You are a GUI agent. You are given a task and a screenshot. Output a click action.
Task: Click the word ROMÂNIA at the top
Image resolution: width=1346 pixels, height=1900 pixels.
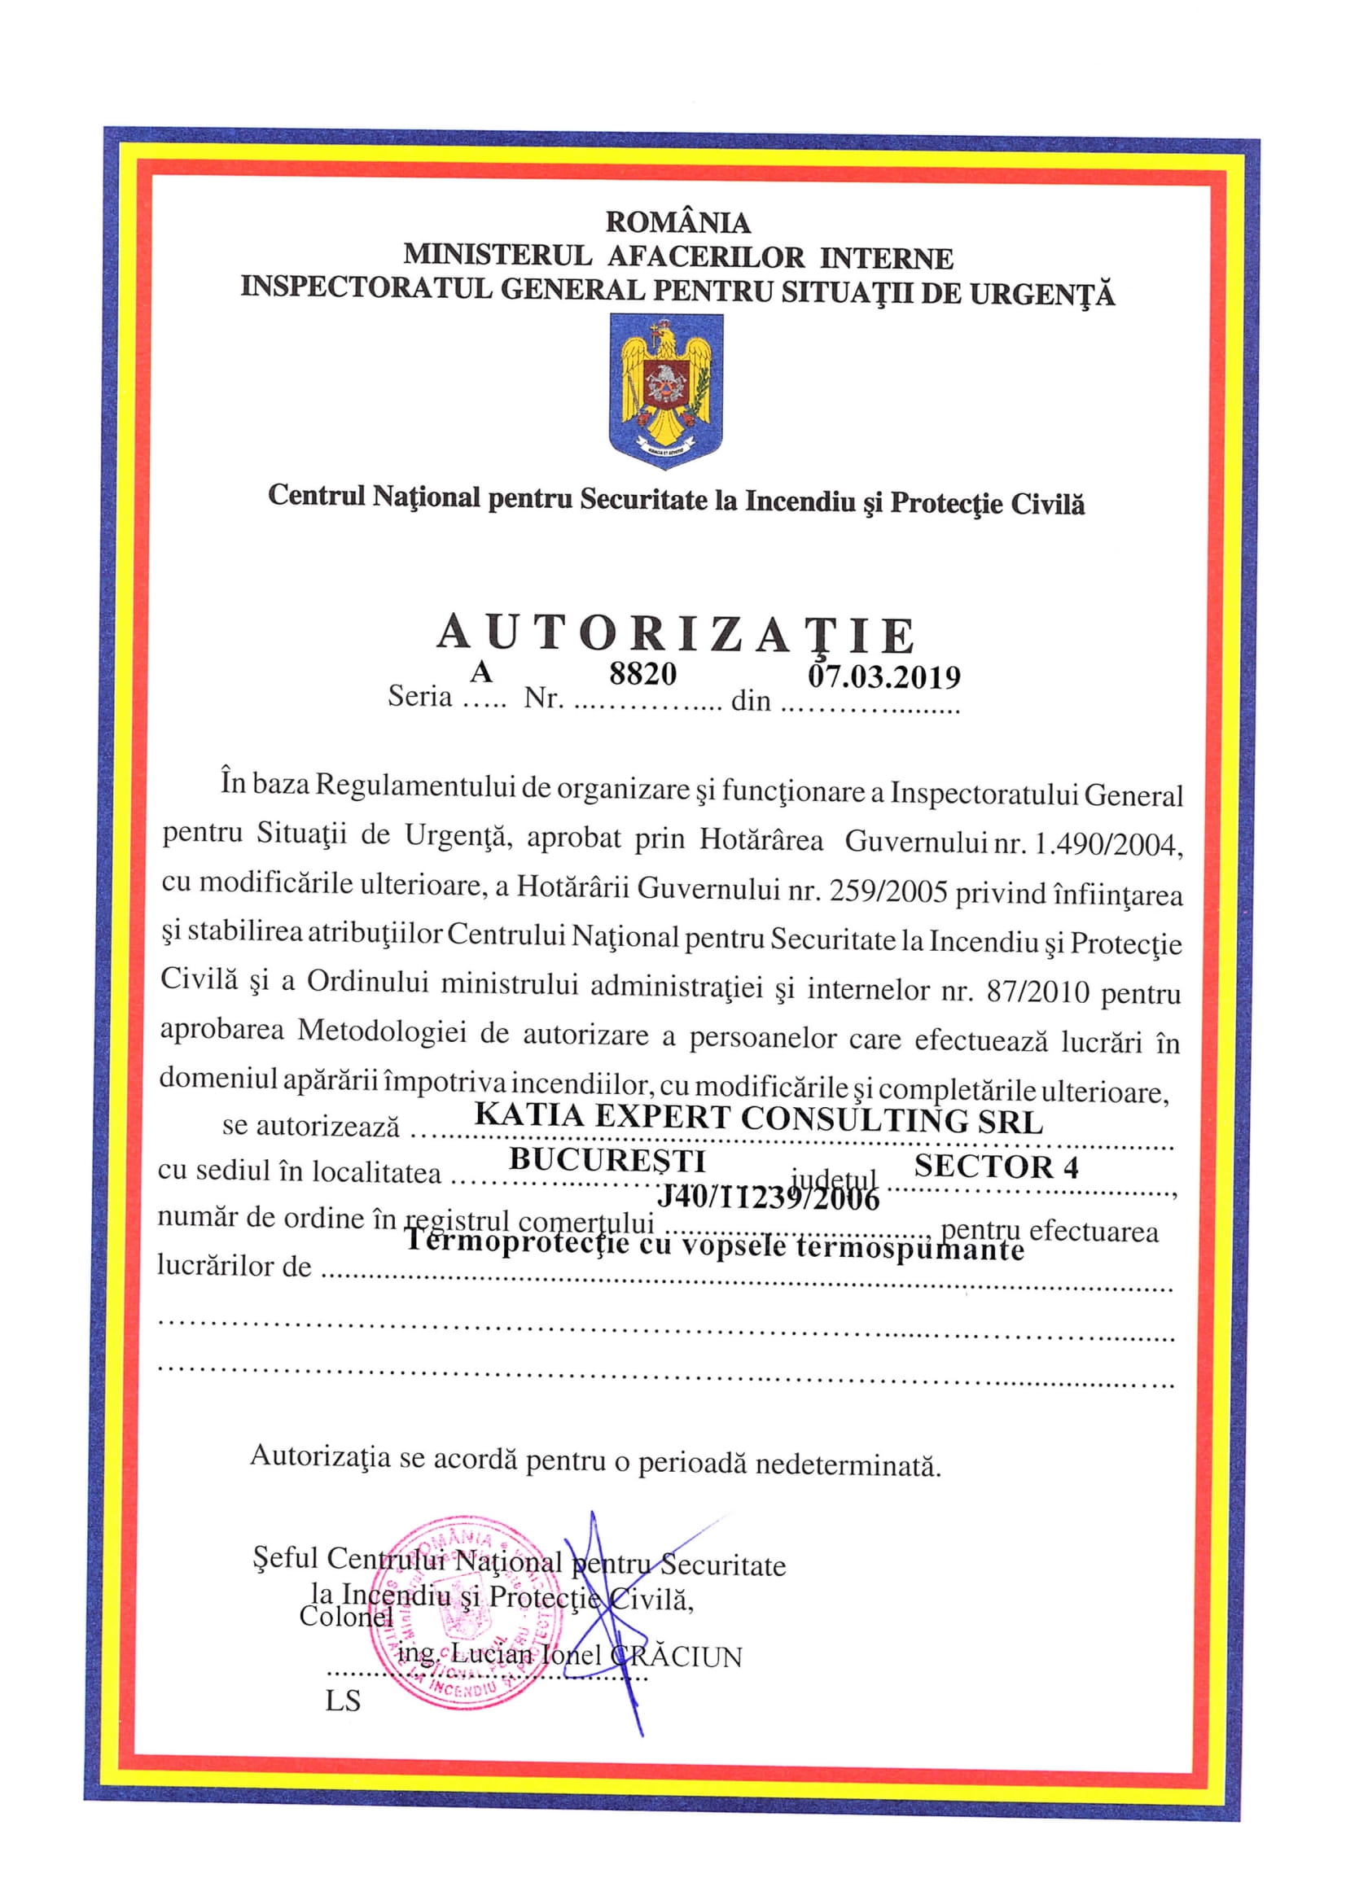[x=677, y=222]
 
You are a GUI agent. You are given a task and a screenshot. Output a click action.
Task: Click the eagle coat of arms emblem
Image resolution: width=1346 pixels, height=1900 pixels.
[x=666, y=390]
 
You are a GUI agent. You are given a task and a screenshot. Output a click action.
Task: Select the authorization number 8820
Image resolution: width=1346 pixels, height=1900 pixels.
[x=642, y=674]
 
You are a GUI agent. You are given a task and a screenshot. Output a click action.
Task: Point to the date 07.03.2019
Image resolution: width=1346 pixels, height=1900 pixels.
[x=883, y=677]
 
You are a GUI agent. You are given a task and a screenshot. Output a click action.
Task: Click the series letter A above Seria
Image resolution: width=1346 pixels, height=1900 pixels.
[x=480, y=672]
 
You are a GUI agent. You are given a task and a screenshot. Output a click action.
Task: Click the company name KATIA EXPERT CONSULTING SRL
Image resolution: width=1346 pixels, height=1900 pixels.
[x=757, y=1118]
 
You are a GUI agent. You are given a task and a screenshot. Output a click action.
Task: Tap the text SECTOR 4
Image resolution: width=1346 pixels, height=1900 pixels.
[x=996, y=1167]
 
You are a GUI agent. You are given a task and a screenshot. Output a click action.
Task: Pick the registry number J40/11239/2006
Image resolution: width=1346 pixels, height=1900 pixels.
[x=768, y=1197]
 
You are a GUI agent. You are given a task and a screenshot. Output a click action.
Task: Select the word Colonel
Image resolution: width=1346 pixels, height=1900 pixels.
[x=345, y=1616]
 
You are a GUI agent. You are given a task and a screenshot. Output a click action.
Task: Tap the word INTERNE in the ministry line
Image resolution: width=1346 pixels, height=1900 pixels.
[x=886, y=259]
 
